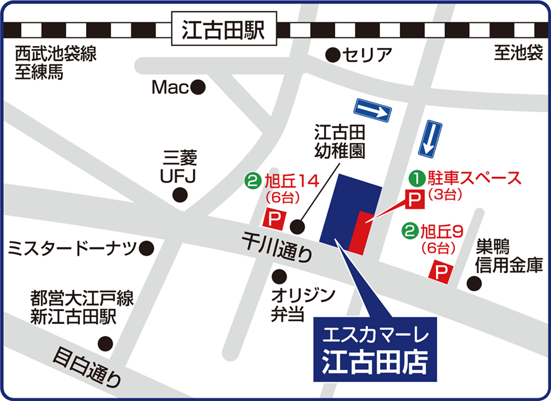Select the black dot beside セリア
click(333, 54)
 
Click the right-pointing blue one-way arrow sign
click(372, 110)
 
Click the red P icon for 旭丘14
click(274, 219)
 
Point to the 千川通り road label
click(276, 246)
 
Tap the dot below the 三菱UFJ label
click(179, 194)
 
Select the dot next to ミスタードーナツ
click(147, 248)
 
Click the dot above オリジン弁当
click(279, 277)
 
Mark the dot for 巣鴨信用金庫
click(474, 283)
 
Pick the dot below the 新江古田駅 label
click(106, 343)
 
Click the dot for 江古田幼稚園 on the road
click(297, 225)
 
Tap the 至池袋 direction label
click(518, 54)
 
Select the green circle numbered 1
click(417, 178)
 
